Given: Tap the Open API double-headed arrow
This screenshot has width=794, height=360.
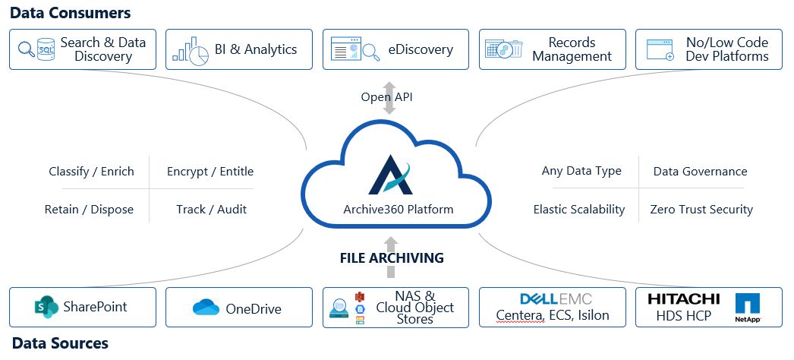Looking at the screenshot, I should pos(389,97).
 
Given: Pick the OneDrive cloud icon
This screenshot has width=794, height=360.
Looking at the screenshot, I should pos(206,308).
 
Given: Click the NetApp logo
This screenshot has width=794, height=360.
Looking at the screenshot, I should pos(748,308).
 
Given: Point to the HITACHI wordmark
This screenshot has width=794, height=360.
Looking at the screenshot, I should pos(683,299).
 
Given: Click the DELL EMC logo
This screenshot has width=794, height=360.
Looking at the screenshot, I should pos(556,298).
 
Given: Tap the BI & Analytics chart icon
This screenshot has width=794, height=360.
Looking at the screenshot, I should pos(190,50).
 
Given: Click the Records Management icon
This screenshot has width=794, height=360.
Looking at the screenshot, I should pos(506,50).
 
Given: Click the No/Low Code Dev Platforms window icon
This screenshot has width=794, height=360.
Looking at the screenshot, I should pos(660,50).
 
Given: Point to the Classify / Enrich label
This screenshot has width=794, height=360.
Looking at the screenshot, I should pos(91,172).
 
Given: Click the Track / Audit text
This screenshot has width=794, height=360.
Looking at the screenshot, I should pos(211,210).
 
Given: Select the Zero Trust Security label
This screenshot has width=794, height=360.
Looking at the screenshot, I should pos(701,210).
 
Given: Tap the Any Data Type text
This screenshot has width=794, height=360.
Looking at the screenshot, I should pos(581,172).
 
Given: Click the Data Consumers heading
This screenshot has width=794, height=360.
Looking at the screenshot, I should pos(71,13).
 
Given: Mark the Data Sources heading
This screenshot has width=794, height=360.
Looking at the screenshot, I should pos(60,343).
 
